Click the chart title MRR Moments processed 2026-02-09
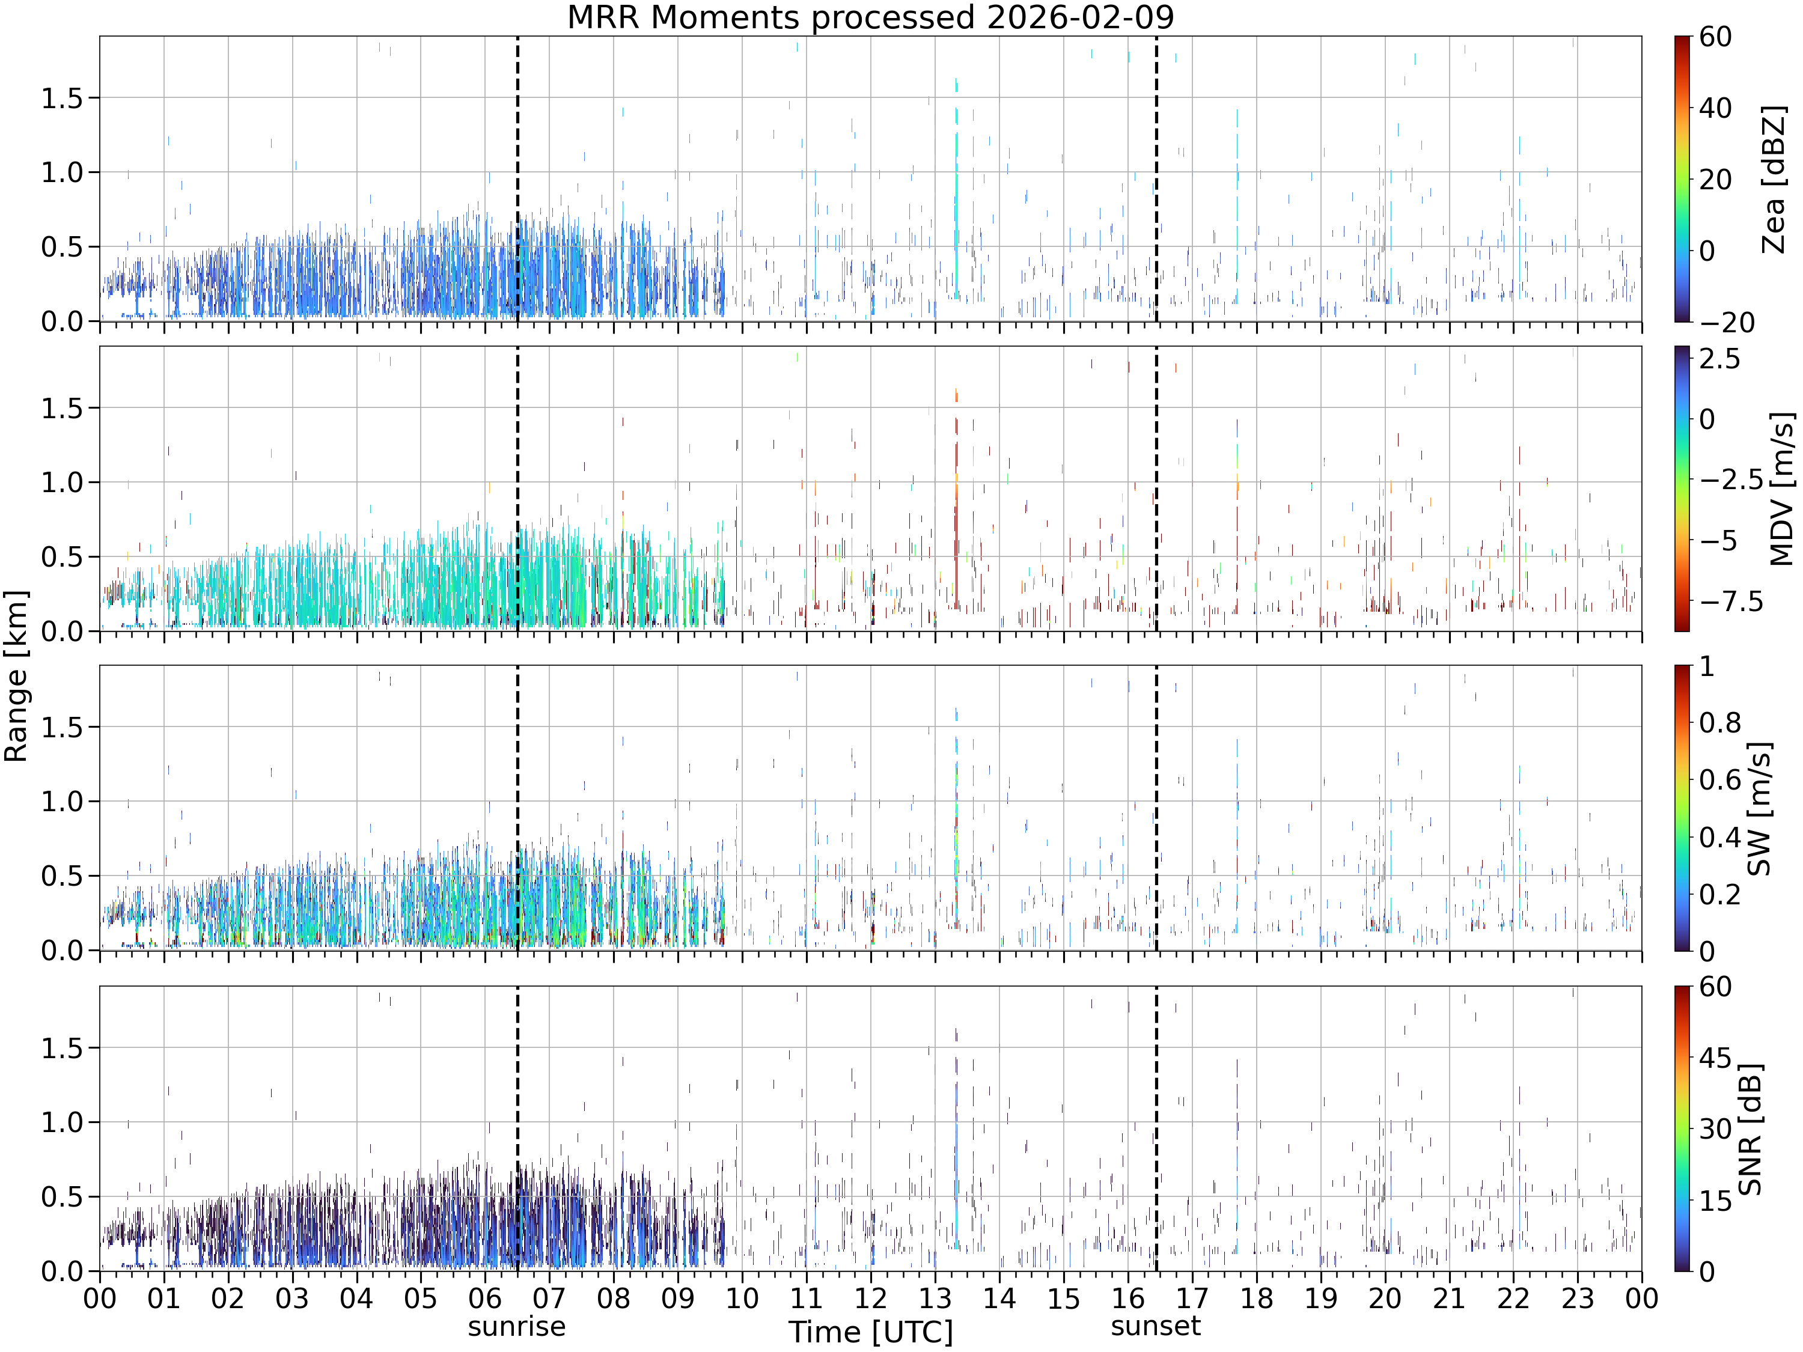pyautogui.click(x=870, y=17)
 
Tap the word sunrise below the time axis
pyautogui.click(x=517, y=1326)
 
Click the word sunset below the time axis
pyautogui.click(x=1156, y=1326)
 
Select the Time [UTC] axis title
pyautogui.click(x=870, y=1332)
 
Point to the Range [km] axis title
pyautogui.click(x=16, y=677)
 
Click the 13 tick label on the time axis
pyautogui.click(x=935, y=1298)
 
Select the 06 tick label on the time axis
pyautogui.click(x=485, y=1298)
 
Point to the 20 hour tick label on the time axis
pyautogui.click(x=1385, y=1298)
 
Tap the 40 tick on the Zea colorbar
pyautogui.click(x=1716, y=108)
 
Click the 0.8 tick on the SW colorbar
pyautogui.click(x=1720, y=723)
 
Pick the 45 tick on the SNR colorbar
pyautogui.click(x=1716, y=1058)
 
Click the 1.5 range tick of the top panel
pyautogui.click(x=63, y=98)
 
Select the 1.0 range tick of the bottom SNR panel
pyautogui.click(x=63, y=1122)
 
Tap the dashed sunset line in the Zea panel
pyautogui.click(x=1156, y=178)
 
